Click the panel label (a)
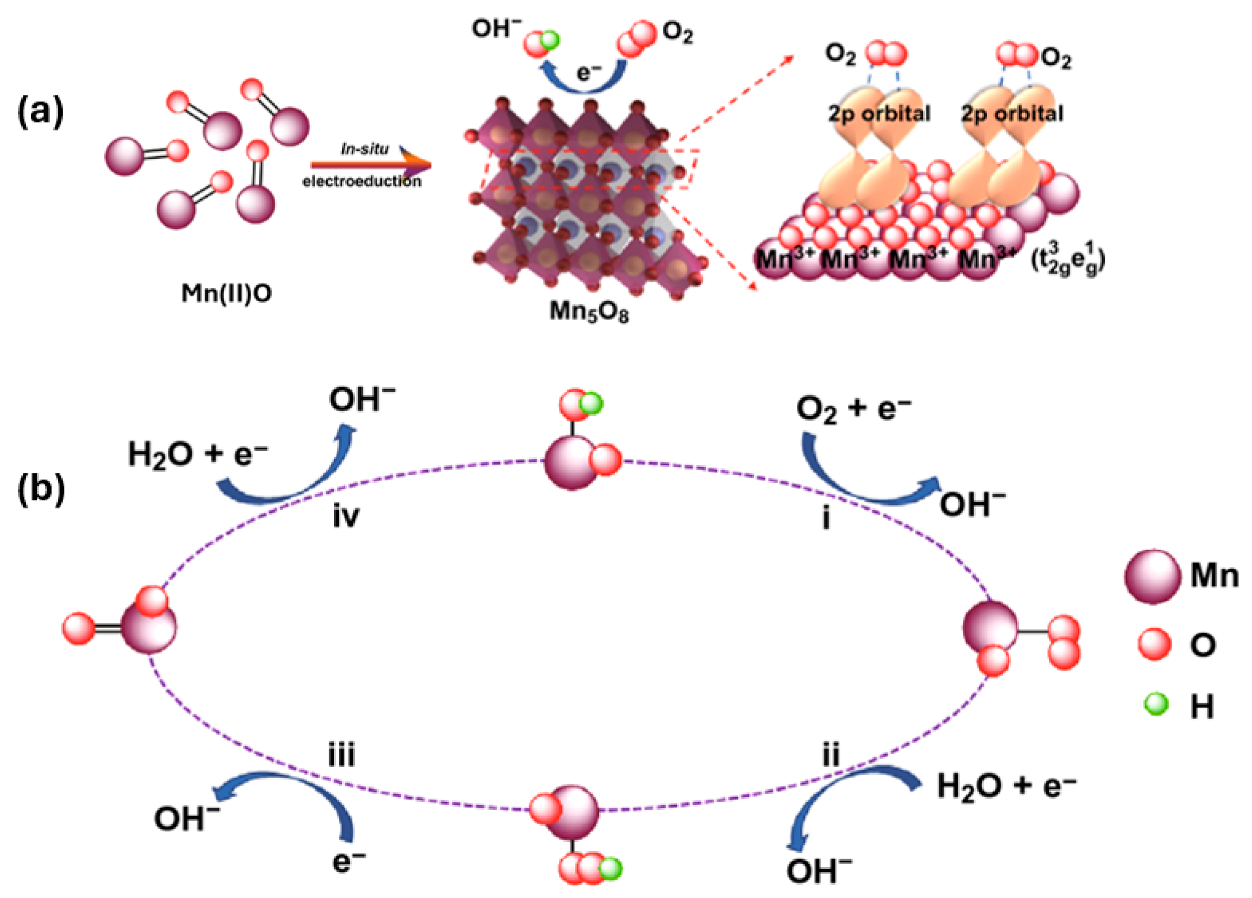41,113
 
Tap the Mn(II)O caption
226,293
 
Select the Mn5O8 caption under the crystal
589,312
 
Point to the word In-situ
364,149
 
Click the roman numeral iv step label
346,516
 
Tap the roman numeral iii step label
342,755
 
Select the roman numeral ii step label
831,755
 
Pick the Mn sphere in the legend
1153,577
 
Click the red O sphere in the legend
1154,644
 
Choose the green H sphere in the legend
1156,705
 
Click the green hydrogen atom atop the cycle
591,404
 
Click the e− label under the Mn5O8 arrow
589,72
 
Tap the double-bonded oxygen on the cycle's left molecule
79,629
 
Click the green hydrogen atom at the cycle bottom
610,869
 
